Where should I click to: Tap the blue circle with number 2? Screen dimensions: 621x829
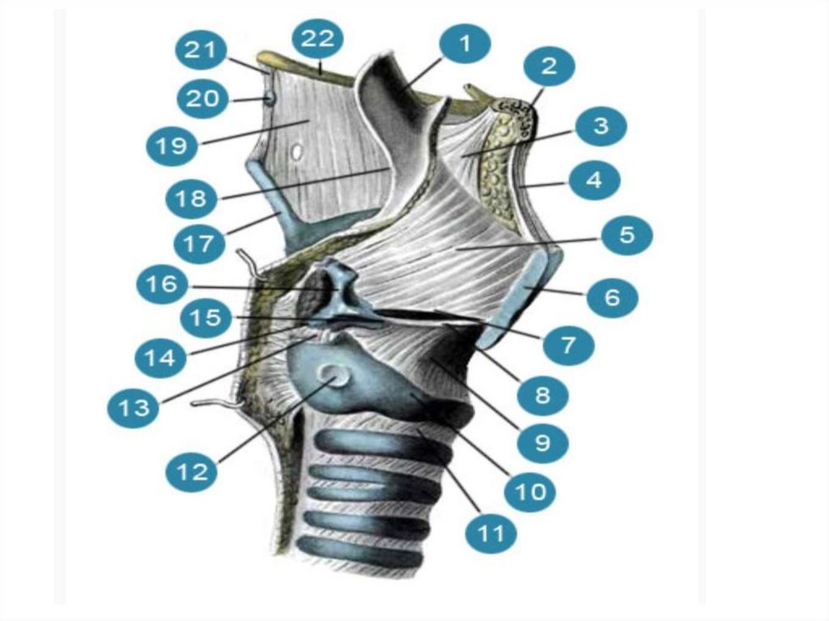(x=549, y=67)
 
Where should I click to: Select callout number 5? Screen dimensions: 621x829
(x=625, y=236)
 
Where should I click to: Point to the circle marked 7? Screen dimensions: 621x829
(x=568, y=346)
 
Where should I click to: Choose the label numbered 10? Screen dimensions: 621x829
(x=531, y=489)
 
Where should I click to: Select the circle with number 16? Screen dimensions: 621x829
(x=162, y=284)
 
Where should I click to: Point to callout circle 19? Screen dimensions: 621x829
(x=172, y=146)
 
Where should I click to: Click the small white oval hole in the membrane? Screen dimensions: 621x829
(x=297, y=151)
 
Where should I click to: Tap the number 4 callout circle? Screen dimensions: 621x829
(x=594, y=181)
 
